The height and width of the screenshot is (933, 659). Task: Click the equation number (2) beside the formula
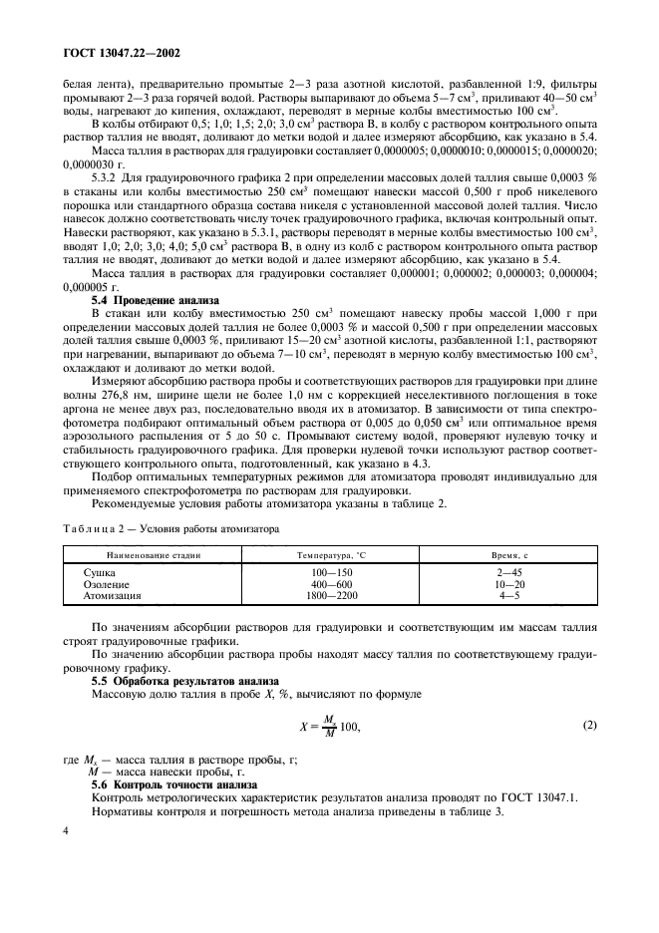[589, 725]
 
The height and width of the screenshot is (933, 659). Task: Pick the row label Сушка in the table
[101, 573]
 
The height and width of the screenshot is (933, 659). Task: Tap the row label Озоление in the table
[108, 584]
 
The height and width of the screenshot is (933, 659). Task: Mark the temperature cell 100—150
[327, 573]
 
